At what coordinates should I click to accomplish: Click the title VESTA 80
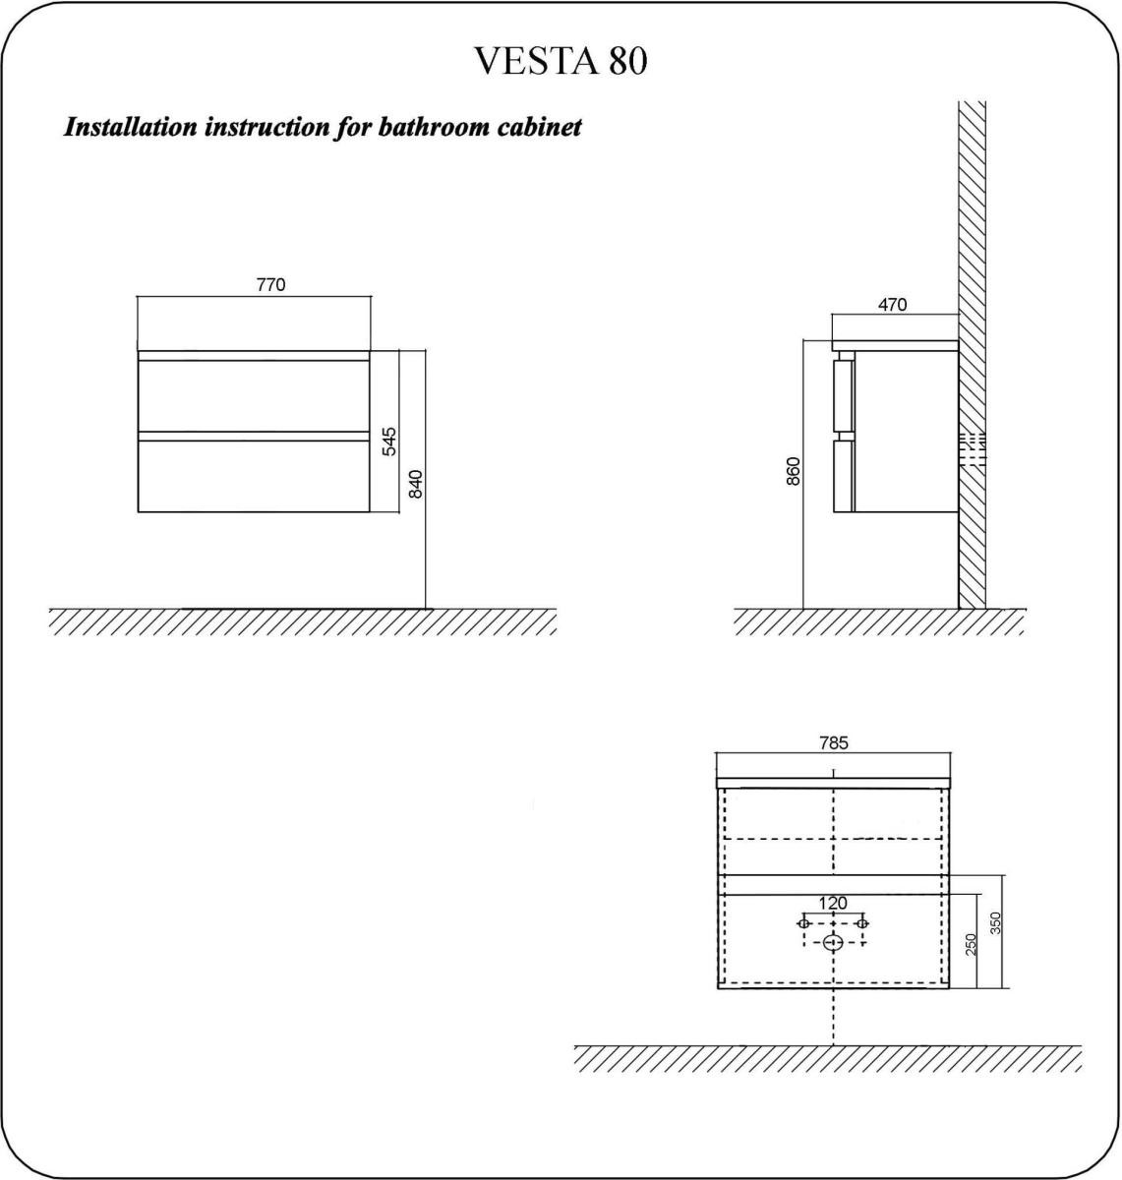coord(561,61)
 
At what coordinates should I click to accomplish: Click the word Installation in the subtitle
coord(130,127)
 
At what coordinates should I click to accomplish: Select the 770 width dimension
coord(270,284)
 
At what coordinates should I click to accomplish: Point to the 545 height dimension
coord(389,442)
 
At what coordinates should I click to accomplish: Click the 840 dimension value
coord(416,485)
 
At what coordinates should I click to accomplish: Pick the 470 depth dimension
coord(893,305)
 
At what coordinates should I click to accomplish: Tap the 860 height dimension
coord(794,471)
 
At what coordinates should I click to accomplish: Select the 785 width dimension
coord(835,743)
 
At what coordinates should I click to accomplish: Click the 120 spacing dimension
coord(833,904)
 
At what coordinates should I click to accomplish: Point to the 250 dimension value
coord(972,945)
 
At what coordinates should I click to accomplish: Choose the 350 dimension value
coord(996,923)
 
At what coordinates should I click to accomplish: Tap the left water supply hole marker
coord(803,923)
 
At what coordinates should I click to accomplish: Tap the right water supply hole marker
coord(862,923)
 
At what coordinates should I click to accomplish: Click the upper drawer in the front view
coord(254,395)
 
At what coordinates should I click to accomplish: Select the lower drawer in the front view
coord(254,477)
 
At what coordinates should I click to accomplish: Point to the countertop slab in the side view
coord(895,346)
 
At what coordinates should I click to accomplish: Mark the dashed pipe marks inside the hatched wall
coord(973,449)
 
